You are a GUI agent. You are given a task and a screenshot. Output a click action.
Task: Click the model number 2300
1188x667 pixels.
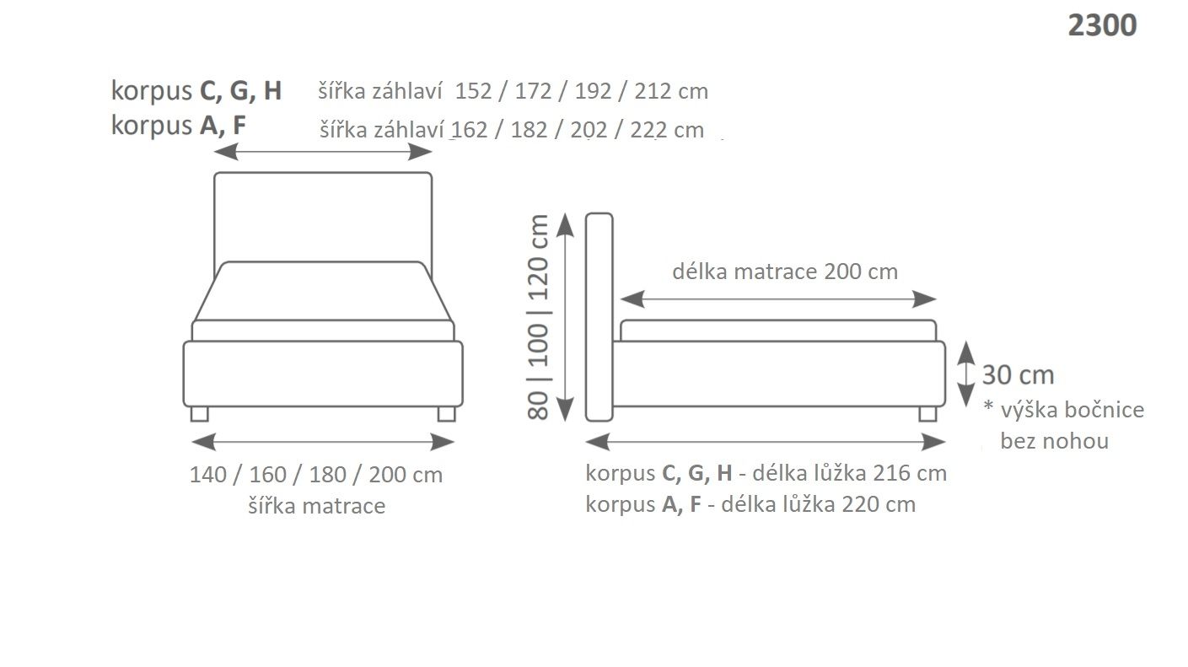tap(1101, 26)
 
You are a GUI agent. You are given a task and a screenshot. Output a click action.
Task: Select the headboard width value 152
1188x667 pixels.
tap(472, 91)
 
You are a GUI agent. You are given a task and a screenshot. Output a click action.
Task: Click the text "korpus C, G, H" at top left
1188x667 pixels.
tap(196, 91)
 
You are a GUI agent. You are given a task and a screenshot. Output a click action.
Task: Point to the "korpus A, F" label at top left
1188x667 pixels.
tap(179, 126)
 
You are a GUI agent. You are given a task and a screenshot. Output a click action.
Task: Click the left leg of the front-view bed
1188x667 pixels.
tap(199, 413)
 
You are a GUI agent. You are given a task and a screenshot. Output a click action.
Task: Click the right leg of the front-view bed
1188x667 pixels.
tap(446, 413)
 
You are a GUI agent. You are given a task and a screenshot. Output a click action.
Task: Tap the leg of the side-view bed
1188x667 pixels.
tap(927, 413)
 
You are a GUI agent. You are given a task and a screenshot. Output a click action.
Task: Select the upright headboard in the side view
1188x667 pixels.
tap(599, 316)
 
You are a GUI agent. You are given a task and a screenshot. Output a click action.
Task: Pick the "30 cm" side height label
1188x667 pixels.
tap(1018, 374)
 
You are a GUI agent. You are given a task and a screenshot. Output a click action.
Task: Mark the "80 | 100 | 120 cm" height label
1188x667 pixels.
tap(539, 316)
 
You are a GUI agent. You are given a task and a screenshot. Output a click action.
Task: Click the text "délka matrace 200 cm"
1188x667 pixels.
tap(784, 272)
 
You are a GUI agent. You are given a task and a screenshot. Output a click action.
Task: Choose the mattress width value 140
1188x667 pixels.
tap(207, 475)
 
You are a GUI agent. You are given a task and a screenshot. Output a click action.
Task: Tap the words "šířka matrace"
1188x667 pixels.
tap(316, 506)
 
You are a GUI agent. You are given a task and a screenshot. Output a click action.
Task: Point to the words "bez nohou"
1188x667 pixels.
tap(1054, 441)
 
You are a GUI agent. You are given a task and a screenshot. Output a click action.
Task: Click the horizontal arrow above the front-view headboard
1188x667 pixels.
tap(323, 152)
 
